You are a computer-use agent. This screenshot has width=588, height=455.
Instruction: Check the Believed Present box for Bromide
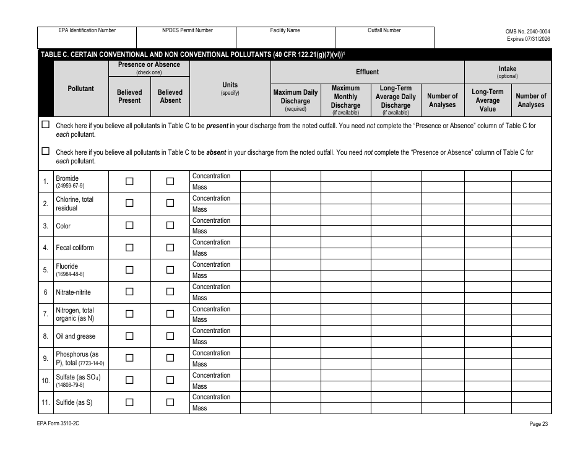click(129, 181)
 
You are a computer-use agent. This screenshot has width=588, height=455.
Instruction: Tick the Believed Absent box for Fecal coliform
click(170, 248)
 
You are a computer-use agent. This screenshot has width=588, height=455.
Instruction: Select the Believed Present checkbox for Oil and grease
click(129, 336)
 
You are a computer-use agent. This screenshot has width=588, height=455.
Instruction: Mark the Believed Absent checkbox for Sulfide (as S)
click(170, 402)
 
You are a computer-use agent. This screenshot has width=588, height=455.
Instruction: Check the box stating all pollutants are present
click(45, 124)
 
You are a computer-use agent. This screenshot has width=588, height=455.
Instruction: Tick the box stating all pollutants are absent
click(45, 151)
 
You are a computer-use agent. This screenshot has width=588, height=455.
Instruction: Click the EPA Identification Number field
click(87, 40)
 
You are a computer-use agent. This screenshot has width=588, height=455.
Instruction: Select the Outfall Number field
click(384, 40)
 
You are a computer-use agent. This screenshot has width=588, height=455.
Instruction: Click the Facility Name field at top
click(285, 40)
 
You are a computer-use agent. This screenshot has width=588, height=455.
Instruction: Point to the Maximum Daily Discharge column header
click(295, 100)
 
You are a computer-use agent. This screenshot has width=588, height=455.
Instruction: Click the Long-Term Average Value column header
click(487, 100)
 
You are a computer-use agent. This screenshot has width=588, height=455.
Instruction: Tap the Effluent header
click(367, 72)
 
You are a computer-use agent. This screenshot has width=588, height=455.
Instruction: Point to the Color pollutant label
click(63, 226)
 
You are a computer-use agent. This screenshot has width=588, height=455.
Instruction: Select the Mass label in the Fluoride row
click(200, 275)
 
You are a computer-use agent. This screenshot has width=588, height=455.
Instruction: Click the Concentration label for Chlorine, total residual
click(211, 198)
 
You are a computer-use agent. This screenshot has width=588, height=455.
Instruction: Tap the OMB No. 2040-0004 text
click(527, 31)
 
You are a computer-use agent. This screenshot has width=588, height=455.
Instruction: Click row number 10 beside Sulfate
click(45, 381)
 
